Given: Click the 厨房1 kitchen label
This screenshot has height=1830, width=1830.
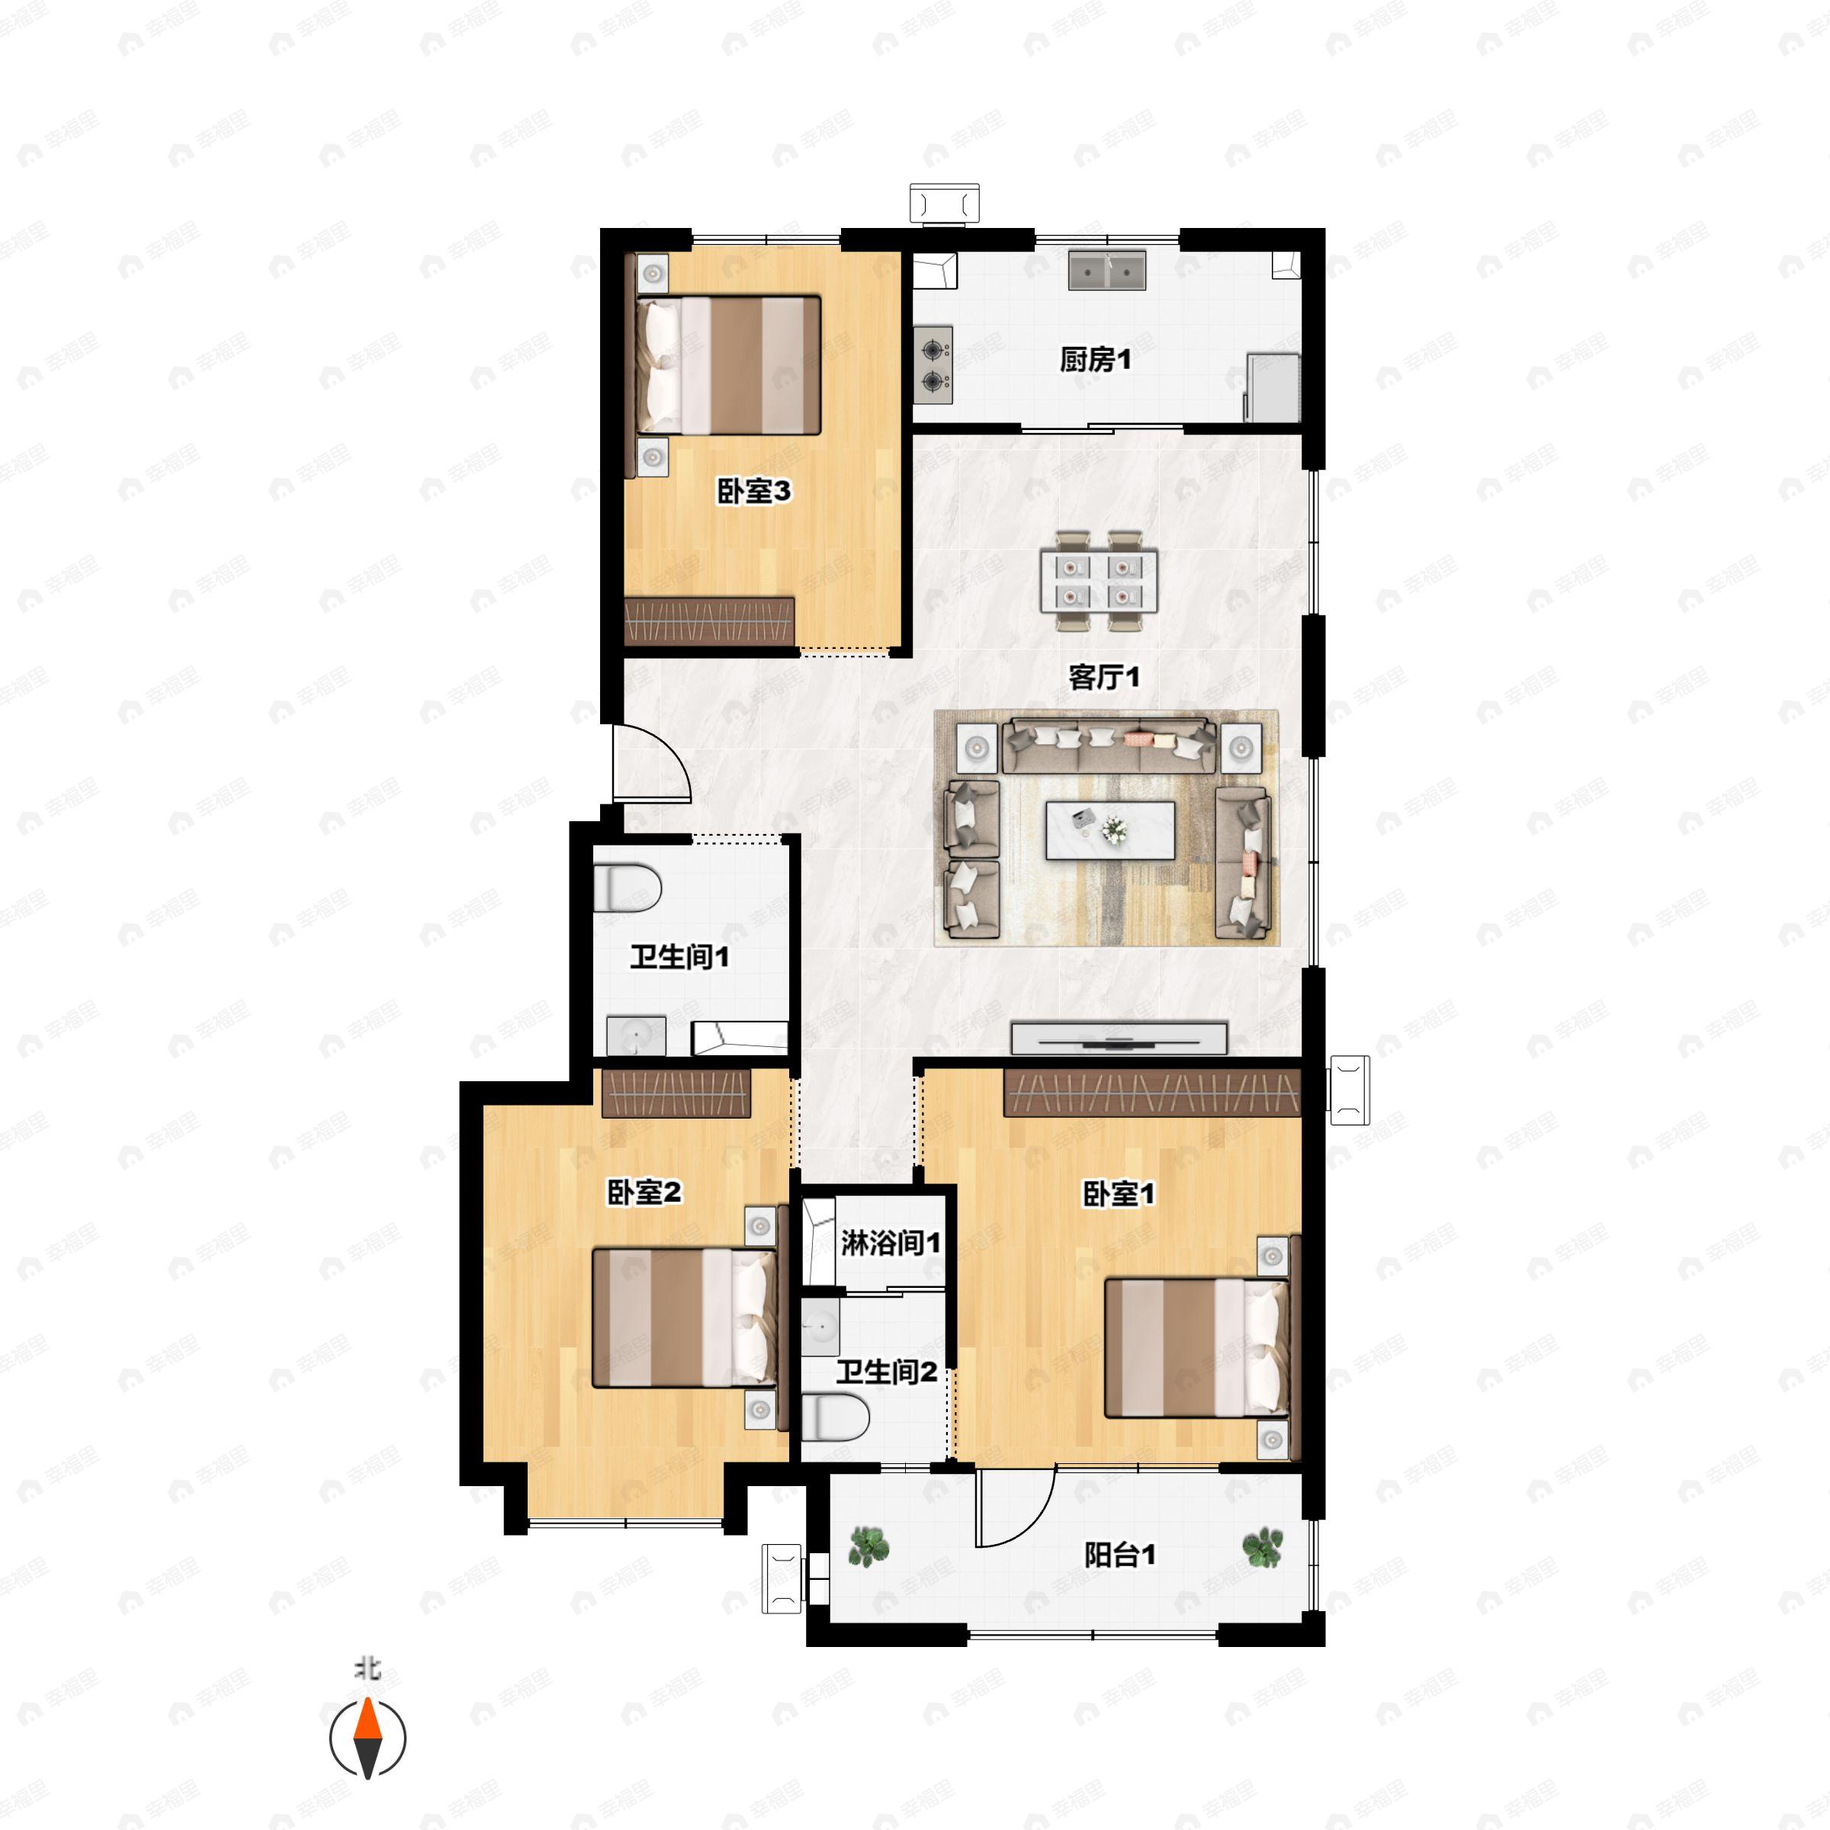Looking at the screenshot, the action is [x=1095, y=360].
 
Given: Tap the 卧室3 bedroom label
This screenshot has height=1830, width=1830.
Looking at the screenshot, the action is [x=754, y=492].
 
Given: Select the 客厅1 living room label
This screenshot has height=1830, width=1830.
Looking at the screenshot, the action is [x=1104, y=676].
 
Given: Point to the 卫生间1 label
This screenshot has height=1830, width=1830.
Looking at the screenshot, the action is [x=680, y=957].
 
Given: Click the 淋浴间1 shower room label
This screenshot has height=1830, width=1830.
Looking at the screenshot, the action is [x=891, y=1243].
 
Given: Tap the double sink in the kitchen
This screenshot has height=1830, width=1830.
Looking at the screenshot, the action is [x=1107, y=270].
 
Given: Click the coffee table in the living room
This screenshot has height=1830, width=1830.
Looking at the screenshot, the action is [x=1110, y=830].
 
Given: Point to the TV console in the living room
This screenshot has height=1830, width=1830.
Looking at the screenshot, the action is [x=1119, y=1037].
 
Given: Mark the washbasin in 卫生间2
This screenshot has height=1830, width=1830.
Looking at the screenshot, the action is [x=820, y=1326].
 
